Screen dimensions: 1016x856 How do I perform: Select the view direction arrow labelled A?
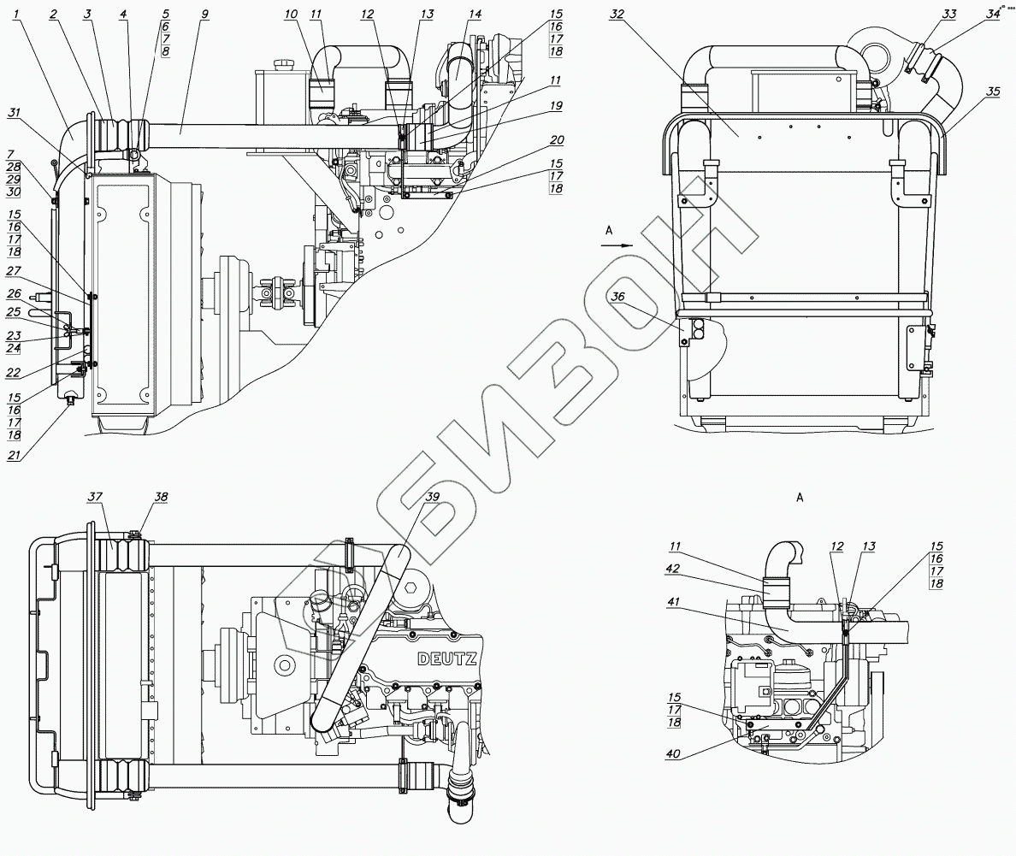614,244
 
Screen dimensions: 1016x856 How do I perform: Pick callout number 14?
476,15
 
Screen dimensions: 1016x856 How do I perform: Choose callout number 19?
556,106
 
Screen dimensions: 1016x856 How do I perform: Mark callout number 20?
556,139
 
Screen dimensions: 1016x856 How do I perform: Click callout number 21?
14,456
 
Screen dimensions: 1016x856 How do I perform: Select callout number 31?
15,112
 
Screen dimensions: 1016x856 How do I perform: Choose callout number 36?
617,296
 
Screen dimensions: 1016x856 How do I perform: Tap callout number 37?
94,496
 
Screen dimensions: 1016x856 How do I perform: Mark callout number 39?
433,497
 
